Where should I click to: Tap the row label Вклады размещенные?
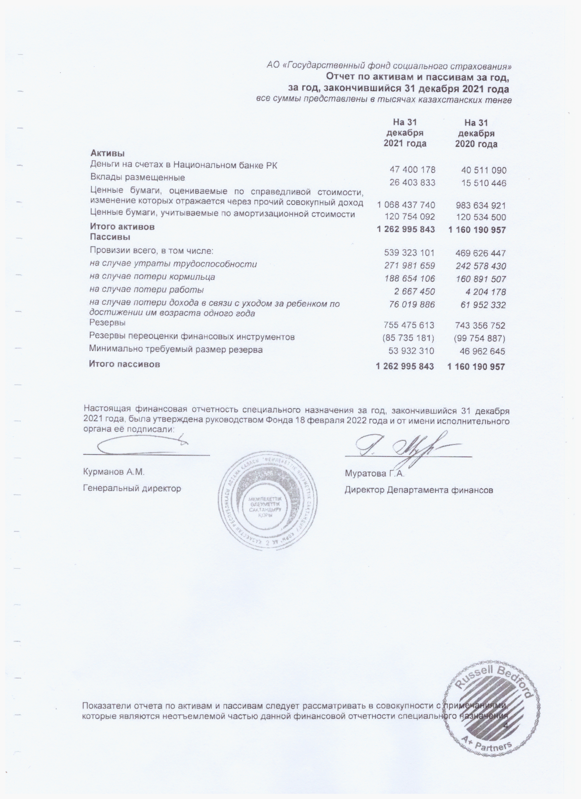point(137,177)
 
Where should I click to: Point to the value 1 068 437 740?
point(406,205)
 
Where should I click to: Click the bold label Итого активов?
point(122,227)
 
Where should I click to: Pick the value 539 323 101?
point(409,253)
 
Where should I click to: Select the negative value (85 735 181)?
point(408,338)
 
